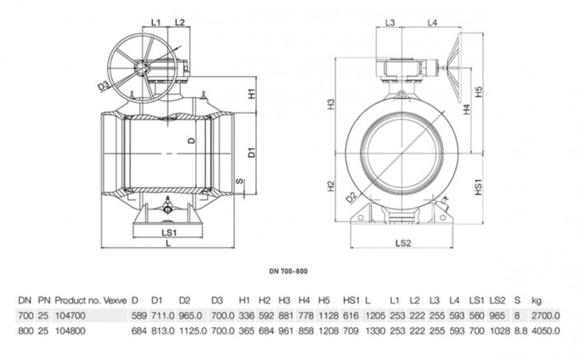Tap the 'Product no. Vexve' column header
91,301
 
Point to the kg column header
537,301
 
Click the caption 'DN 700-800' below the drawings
288,270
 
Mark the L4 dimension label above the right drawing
431,21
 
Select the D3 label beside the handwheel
104,85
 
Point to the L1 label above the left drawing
157,21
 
